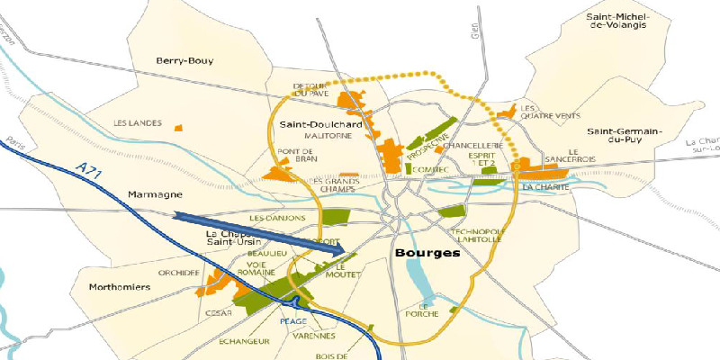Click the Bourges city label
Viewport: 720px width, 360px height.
click(x=427, y=254)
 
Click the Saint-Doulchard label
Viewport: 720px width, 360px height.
click(x=320, y=124)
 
